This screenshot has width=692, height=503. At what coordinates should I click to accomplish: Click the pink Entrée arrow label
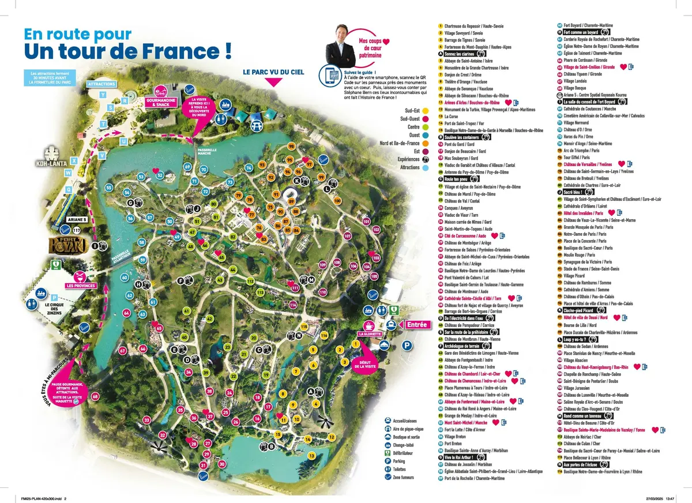(416, 325)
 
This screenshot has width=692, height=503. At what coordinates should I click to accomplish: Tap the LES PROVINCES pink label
(81, 285)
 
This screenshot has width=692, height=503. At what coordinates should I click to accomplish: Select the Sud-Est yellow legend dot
(426, 126)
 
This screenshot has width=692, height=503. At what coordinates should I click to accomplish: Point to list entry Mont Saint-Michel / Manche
(465, 422)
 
